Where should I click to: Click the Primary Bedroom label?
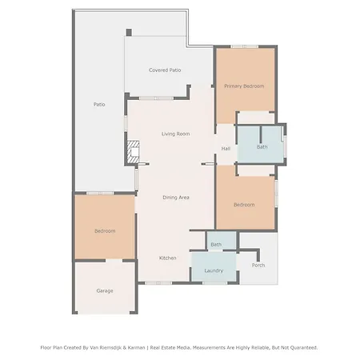click(244, 86)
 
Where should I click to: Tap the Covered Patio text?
click(165, 70)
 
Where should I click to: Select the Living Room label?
click(176, 134)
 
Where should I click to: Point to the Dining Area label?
click(176, 198)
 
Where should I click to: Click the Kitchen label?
click(167, 258)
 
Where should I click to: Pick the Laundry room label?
click(214, 270)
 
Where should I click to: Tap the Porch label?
click(258, 265)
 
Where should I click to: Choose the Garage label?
click(105, 290)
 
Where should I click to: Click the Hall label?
click(226, 149)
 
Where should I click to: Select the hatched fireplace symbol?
click(133, 152)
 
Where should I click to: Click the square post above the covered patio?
click(129, 32)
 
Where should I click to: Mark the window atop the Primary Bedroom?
click(245, 46)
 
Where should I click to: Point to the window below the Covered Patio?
click(156, 98)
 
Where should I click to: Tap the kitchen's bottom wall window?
click(158, 282)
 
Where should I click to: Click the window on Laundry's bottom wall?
click(215, 282)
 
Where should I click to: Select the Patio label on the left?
click(99, 104)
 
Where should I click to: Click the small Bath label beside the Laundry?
click(216, 245)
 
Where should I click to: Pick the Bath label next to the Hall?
click(262, 147)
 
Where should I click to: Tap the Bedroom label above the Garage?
click(105, 231)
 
